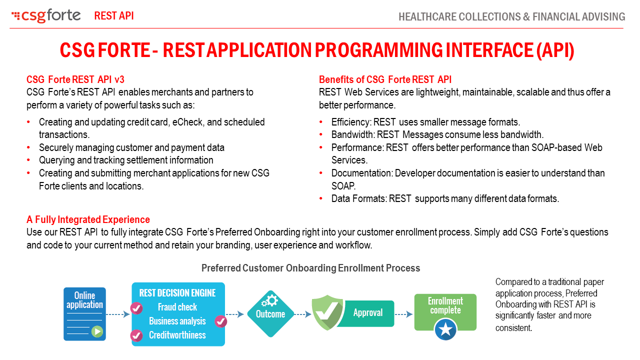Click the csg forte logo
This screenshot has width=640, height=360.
[46, 16]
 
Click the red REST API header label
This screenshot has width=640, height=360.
[114, 16]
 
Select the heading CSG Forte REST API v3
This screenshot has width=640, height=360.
[75, 79]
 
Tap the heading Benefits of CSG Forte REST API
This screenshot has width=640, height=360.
[385, 79]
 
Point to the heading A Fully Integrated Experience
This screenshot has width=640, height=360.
[88, 219]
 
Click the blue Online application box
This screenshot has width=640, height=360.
[84, 313]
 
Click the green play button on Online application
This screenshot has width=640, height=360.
[97, 330]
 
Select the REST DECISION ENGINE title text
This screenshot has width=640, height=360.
[177, 293]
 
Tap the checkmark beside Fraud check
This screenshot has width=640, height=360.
[136, 308]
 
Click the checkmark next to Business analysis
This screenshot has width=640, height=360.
[221, 321]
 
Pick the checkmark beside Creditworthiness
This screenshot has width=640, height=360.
[136, 335]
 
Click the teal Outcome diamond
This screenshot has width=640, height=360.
[270, 314]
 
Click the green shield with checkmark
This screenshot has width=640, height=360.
[327, 313]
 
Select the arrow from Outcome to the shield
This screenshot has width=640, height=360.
[301, 314]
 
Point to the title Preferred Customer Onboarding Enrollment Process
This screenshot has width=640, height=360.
[310, 268]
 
